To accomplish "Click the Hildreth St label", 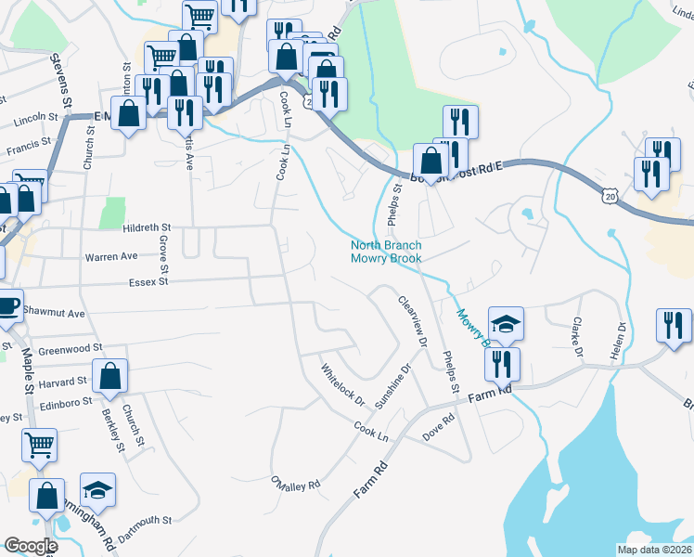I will click(147, 227).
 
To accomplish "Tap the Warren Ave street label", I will click(110, 256).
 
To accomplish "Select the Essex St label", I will click(148, 280).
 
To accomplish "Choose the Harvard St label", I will click(62, 381).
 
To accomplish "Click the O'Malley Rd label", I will click(295, 484).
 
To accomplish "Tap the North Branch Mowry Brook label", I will click(386, 252).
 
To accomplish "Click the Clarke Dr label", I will click(576, 338).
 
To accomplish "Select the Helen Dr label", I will click(615, 343).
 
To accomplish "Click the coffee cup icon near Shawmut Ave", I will click(7, 305).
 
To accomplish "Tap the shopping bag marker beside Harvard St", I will click(109, 377).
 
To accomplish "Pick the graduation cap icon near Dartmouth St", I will click(97, 489).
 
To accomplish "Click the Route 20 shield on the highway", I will click(609, 196).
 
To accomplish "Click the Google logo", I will click(31, 546).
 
